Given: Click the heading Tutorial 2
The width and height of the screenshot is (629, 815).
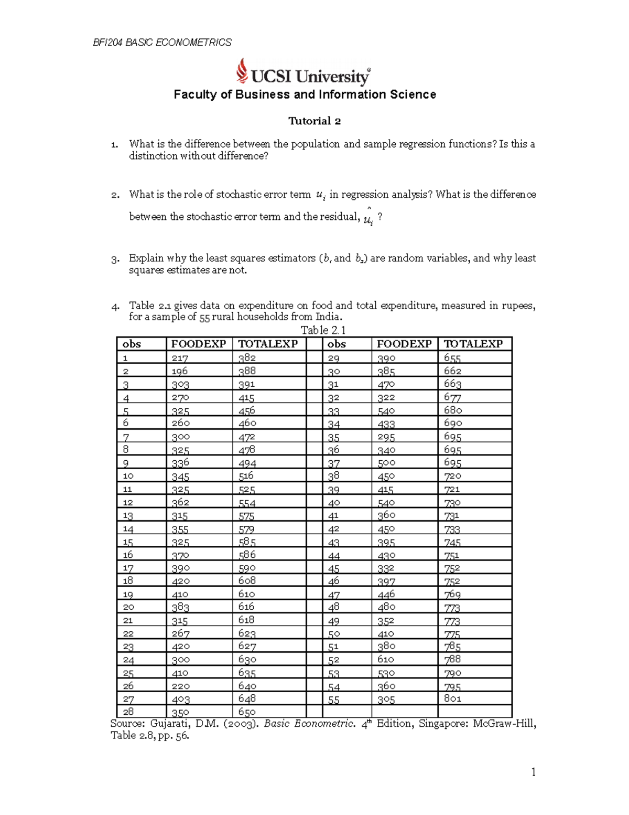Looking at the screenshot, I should click(x=314, y=121).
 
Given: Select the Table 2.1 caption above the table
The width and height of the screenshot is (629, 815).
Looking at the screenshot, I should click(x=323, y=330).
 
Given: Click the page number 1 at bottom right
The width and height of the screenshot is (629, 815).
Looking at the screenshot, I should click(x=533, y=771).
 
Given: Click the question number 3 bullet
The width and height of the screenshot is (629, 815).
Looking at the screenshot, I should click(x=115, y=259).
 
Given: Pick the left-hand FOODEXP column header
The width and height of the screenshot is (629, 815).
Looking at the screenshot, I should click(x=199, y=344).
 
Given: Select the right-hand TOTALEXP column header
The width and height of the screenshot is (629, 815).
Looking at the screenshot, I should click(x=473, y=344).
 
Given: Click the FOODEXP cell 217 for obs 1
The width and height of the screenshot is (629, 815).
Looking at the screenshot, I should click(x=180, y=358).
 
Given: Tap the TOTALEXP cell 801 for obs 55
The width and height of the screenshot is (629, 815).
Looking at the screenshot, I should click(x=452, y=698).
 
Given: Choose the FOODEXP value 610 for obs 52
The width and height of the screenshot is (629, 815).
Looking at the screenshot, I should click(x=386, y=660).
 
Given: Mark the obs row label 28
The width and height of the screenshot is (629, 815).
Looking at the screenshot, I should click(x=128, y=712).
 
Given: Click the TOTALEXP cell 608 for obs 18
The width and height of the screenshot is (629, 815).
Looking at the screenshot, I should click(x=247, y=581).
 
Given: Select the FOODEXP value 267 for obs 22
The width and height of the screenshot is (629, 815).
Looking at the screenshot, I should click(x=180, y=633).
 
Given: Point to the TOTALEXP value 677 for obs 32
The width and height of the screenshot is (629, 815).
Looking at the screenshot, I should click(x=452, y=397).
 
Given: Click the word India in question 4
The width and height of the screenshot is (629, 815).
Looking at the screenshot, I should click(x=328, y=317).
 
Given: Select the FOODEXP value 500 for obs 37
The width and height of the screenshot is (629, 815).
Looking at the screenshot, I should click(x=386, y=463).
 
